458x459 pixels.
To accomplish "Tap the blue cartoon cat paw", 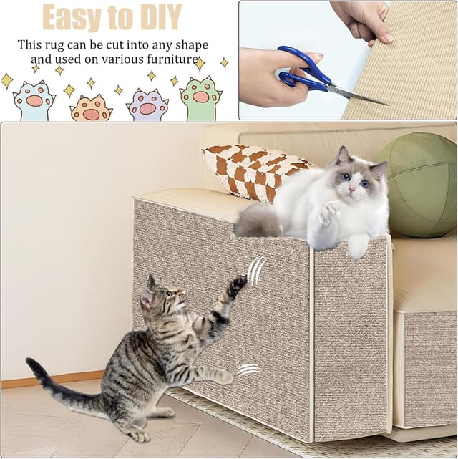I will tap(34, 101).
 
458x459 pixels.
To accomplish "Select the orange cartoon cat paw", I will tap(91, 109).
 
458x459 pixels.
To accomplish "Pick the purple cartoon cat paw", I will tap(147, 105).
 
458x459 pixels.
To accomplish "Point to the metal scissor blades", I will tap(359, 94).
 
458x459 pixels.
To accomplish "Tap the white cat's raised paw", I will tap(330, 212).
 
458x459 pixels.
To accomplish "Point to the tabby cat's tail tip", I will tap(33, 364).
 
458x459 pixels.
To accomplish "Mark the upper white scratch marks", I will tap(255, 270).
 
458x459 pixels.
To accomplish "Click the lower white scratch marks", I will tap(248, 369).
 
